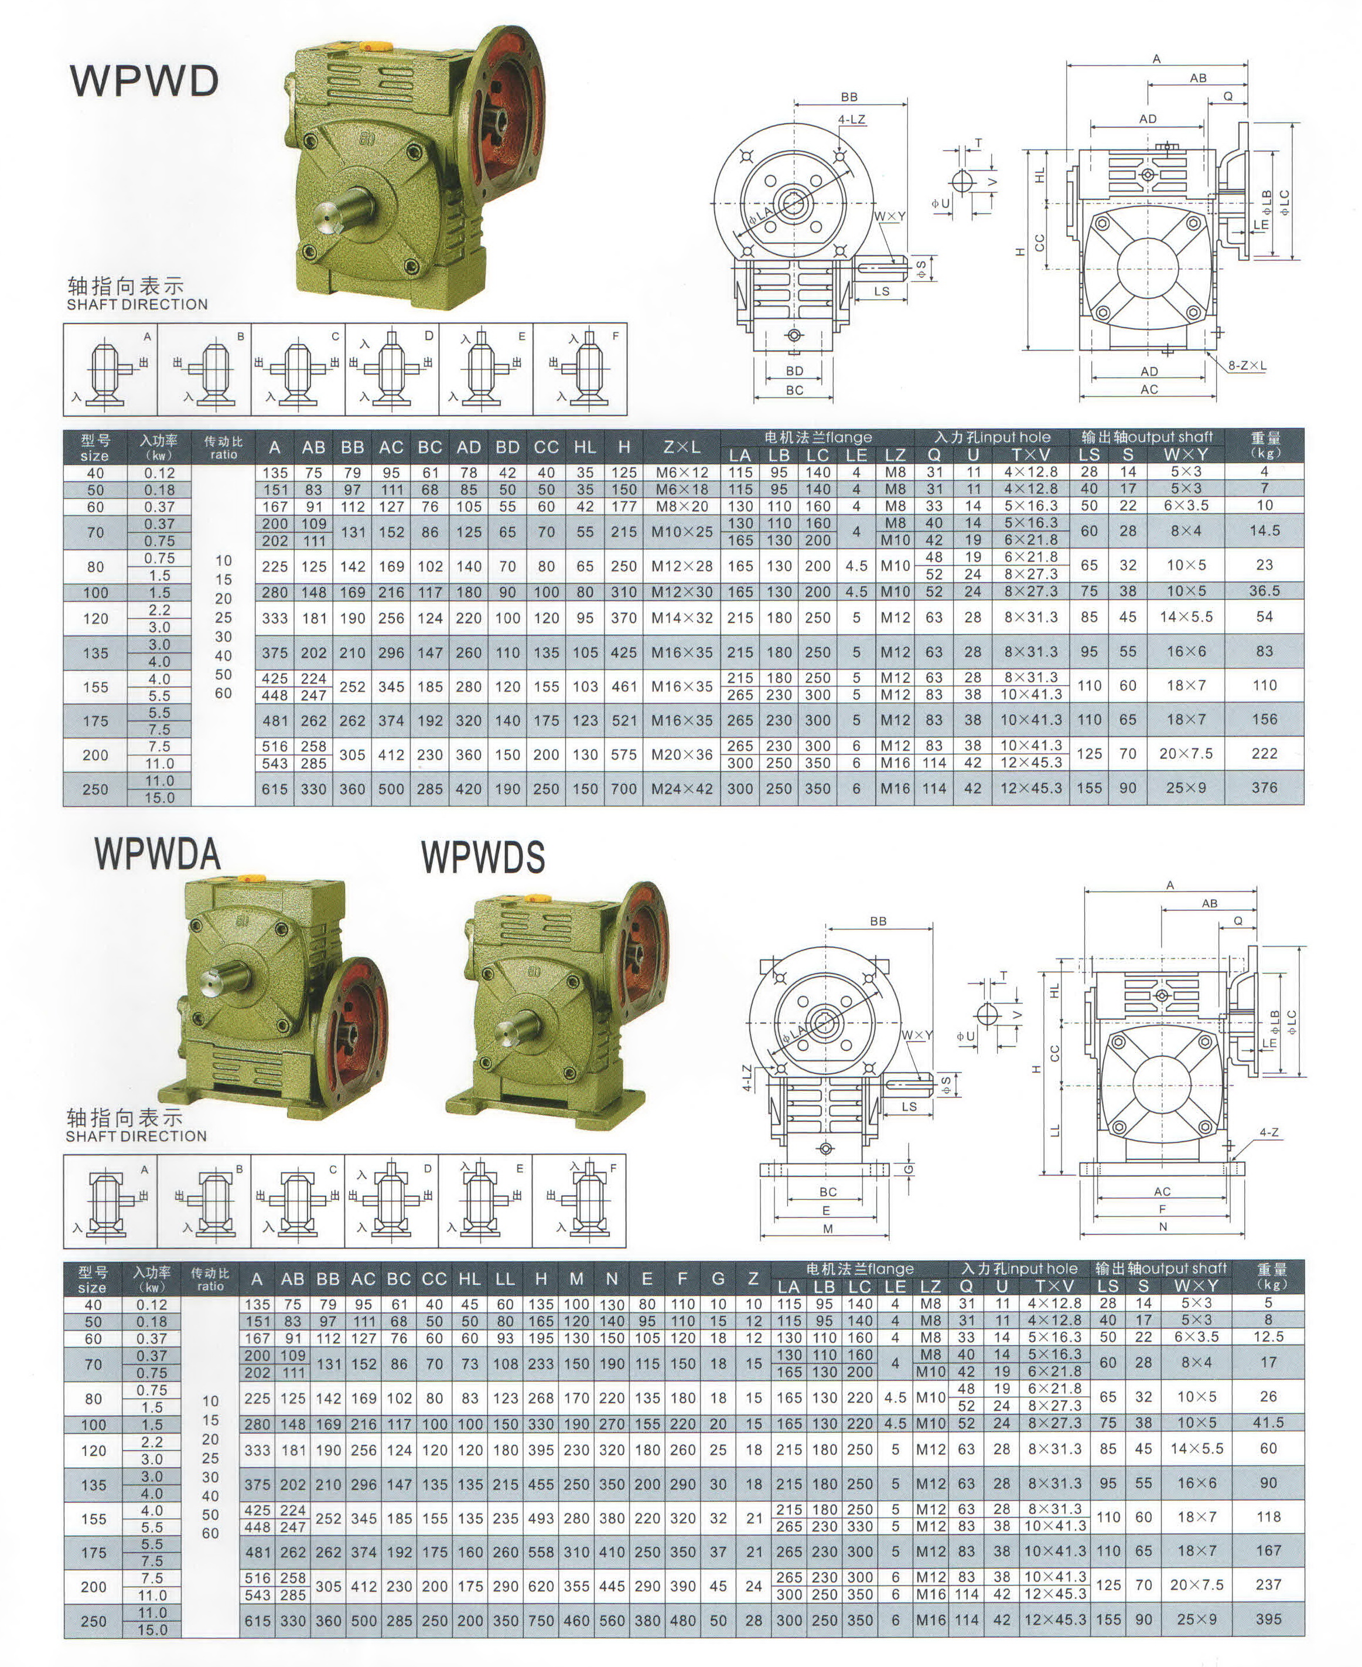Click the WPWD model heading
144,80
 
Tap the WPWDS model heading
483,856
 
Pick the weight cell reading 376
1264,787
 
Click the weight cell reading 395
1268,1618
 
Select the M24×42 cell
682,788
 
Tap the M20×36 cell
682,754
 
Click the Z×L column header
682,447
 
